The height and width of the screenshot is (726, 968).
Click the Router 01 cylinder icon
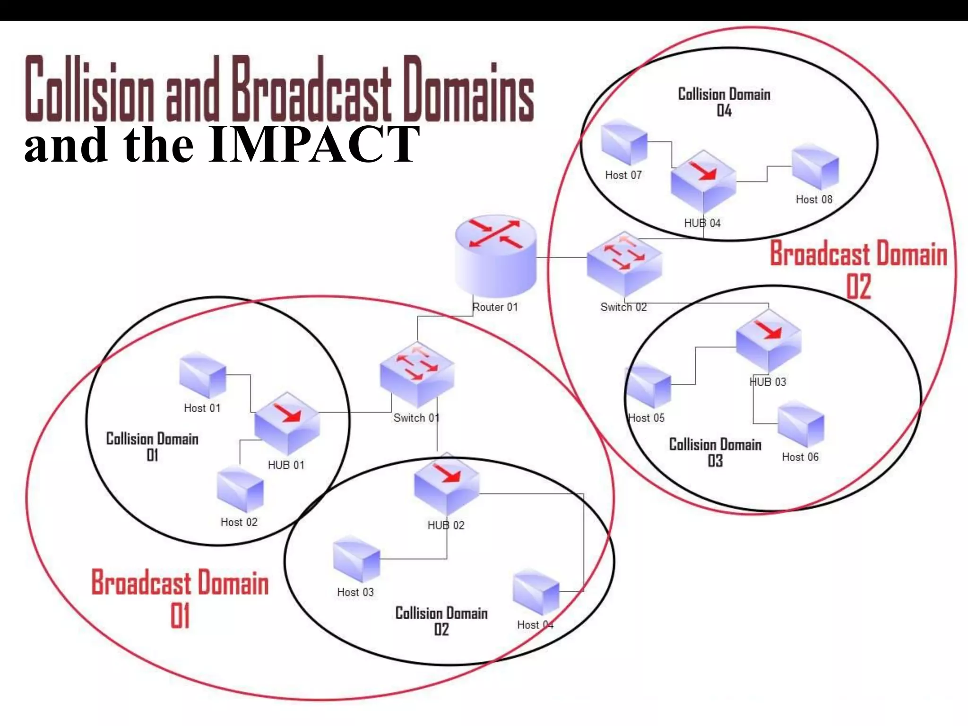click(496, 258)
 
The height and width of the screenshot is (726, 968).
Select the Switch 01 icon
click(417, 375)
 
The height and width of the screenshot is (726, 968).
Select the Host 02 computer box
click(240, 489)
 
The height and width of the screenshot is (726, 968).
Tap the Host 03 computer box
click(356, 559)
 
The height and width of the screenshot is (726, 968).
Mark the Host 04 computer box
click(536, 592)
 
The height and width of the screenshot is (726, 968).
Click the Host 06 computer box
click(801, 424)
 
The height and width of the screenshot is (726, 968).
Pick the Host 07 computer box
click(624, 142)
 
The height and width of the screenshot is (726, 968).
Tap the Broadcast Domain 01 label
click(180, 598)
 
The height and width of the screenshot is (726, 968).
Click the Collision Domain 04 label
click(724, 102)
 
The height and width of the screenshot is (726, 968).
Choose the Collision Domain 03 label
click(715, 452)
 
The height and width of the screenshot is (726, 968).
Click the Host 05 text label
click(646, 418)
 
